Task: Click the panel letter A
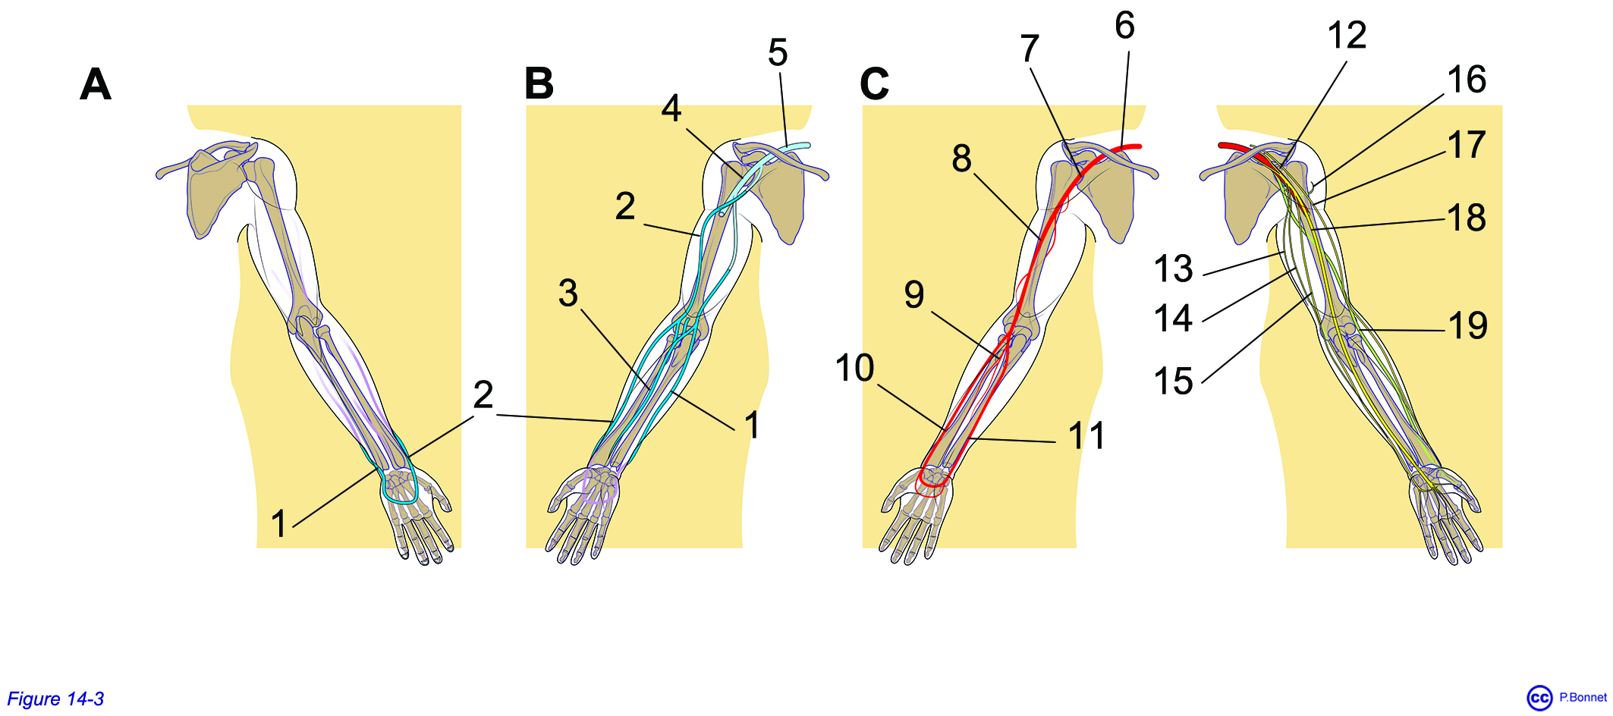point(96,83)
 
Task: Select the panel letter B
point(539,83)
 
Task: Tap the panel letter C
point(874,83)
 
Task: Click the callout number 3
point(568,293)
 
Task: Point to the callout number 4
point(671,108)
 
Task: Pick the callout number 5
point(778,52)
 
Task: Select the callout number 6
point(1124,25)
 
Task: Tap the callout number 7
point(1029,49)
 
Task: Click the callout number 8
point(961,159)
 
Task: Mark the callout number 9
point(914,294)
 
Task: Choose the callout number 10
point(855,368)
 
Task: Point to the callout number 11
point(1086,435)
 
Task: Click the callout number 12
point(1347,35)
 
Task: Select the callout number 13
point(1173,268)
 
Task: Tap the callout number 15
point(1173,381)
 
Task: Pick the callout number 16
point(1466,80)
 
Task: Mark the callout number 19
point(1467,325)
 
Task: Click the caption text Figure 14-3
point(55,699)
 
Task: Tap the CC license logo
point(1539,698)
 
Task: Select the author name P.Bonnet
point(1583,697)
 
